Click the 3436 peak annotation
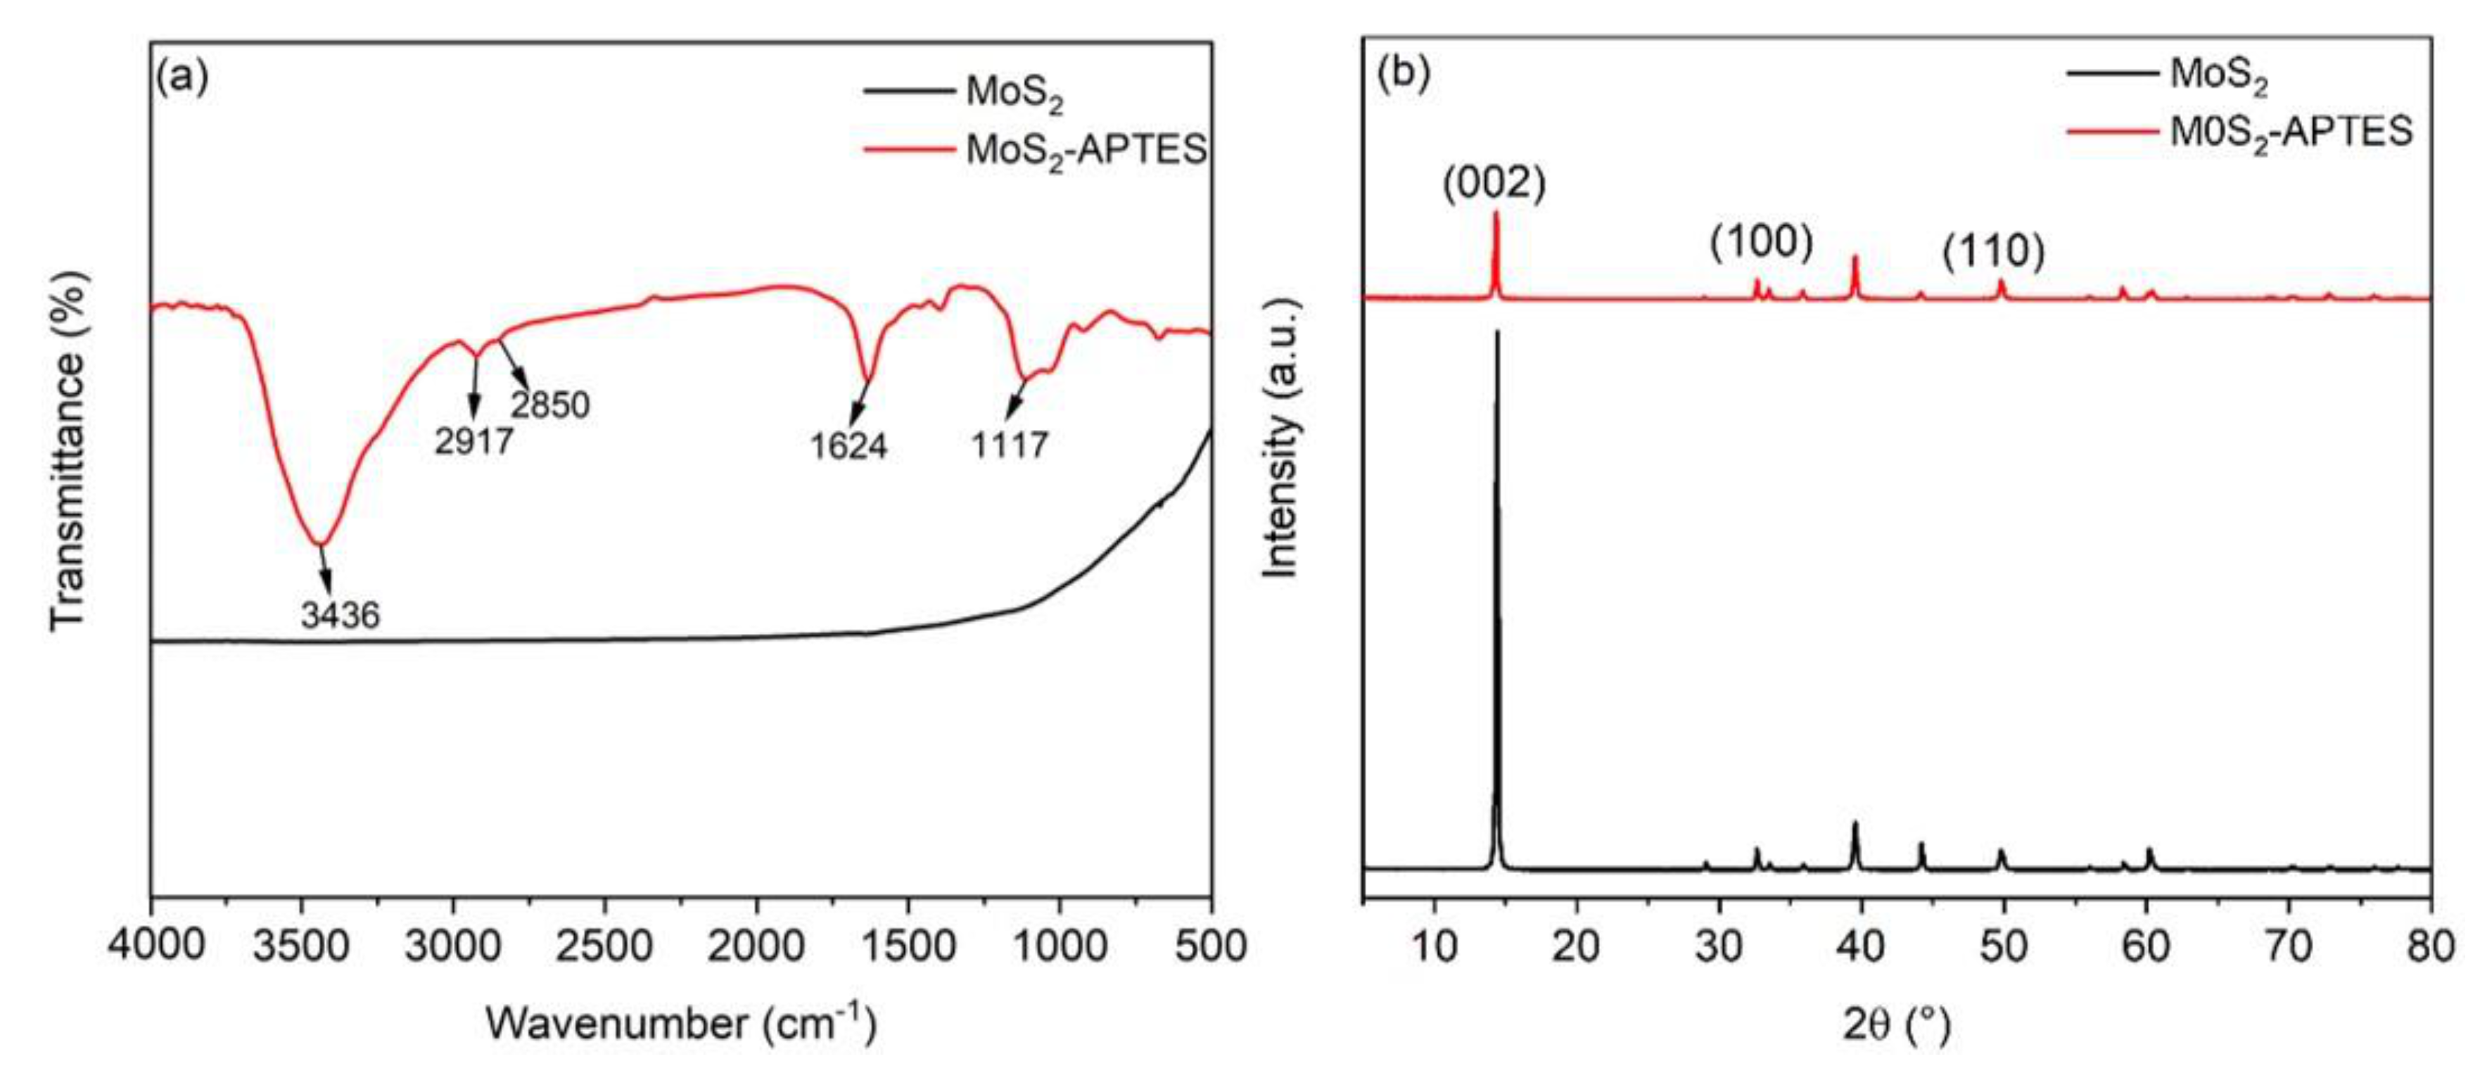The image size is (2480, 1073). [340, 614]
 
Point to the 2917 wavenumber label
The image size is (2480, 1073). [473, 442]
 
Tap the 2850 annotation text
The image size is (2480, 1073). [549, 405]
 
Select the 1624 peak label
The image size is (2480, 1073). [848, 446]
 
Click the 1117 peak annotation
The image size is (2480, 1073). [1009, 445]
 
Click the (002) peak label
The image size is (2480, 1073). [1494, 184]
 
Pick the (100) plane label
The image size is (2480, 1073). [1762, 242]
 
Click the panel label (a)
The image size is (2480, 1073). [182, 76]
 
